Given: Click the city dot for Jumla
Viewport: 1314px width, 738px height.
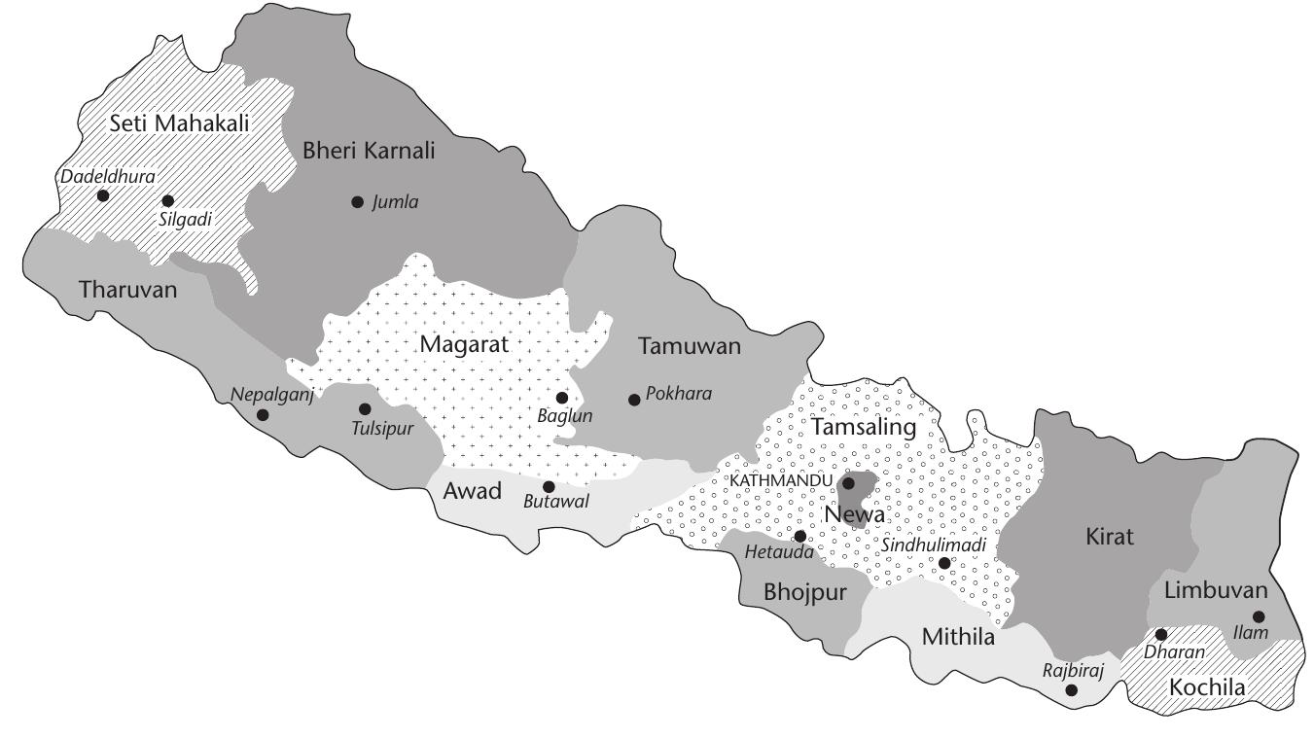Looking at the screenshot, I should coord(357,202).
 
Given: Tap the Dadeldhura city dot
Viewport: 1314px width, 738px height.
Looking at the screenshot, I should coord(103,194).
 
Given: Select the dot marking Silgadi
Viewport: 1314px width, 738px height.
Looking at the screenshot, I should coord(167,200).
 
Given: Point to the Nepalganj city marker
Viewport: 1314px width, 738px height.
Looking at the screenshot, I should coord(263,415).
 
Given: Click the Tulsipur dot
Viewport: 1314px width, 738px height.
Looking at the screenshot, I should coord(365,408).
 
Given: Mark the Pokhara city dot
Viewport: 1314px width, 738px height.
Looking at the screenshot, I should coord(634,399).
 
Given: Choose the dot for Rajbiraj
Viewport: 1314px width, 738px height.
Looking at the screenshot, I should coord(1072,689).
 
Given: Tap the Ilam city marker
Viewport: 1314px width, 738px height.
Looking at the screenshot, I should coord(1259,616).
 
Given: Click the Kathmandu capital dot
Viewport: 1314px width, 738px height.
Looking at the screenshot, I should coord(848,482).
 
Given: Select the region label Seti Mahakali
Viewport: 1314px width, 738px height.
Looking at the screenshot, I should coord(166,123).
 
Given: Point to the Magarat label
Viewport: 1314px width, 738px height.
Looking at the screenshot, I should coord(464,343).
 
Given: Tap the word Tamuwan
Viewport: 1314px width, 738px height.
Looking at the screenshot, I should coord(690,345).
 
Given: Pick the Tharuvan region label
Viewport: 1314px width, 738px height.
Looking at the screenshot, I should coord(128,289).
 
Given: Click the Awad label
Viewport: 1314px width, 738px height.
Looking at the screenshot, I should coord(472,491).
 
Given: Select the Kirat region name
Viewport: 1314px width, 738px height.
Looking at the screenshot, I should coord(1110,536).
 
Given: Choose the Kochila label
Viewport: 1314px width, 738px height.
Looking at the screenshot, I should coord(1207,687).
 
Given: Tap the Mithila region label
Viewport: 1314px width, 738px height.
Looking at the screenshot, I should coord(958,638).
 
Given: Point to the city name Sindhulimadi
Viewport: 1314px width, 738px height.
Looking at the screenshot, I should coord(934,545).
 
